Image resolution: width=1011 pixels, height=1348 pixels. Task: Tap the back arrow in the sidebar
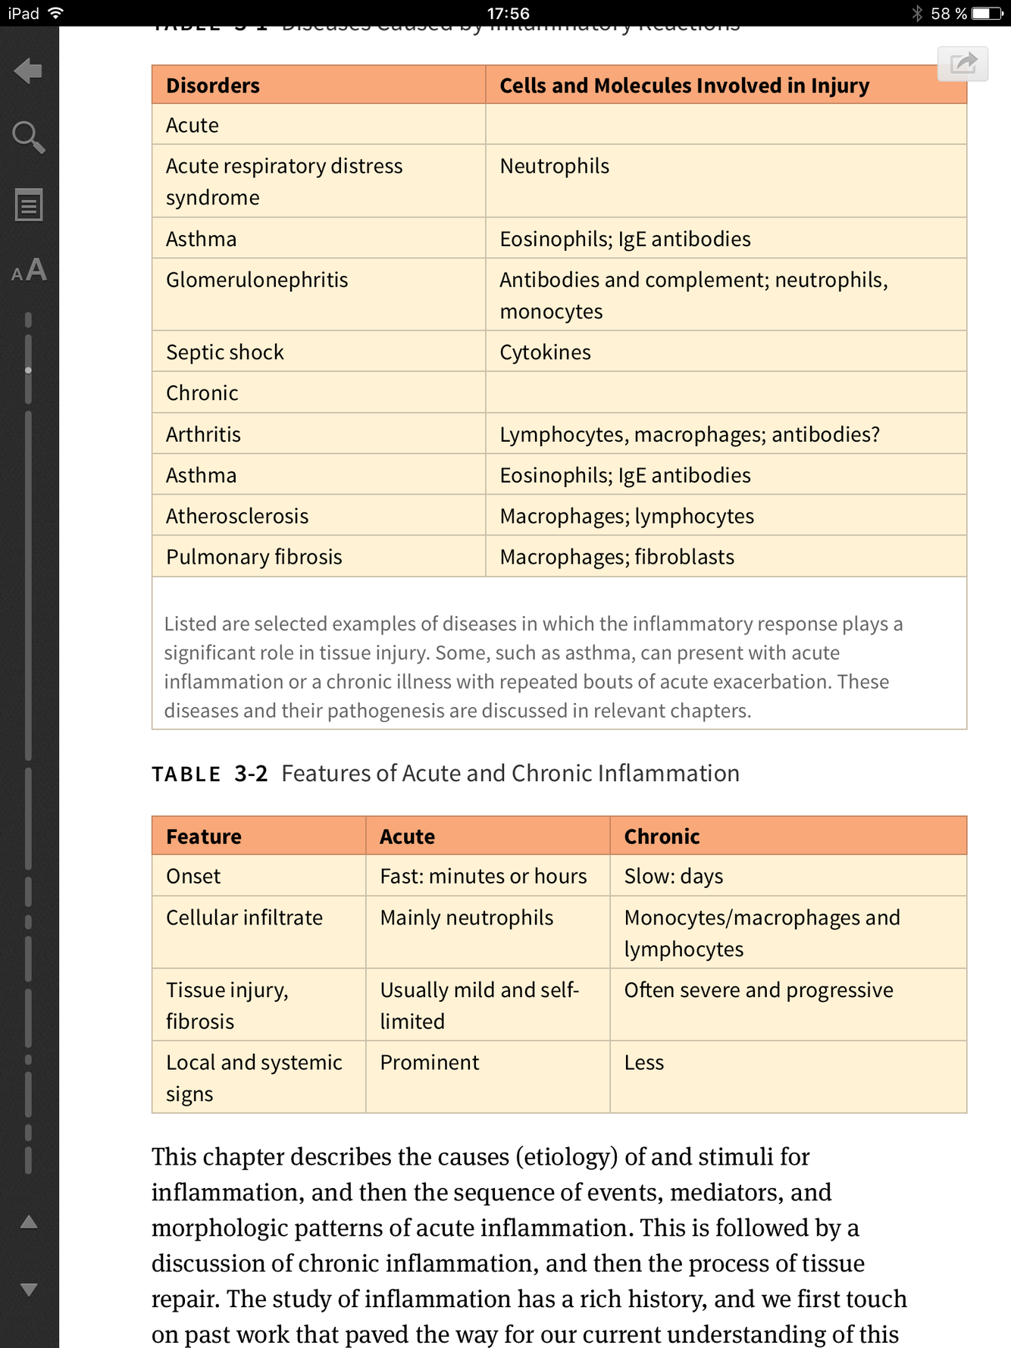29,71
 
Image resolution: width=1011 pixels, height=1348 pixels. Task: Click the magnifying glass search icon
29,137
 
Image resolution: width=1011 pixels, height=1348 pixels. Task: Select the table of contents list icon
29,205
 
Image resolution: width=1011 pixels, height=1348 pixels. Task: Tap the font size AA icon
29,271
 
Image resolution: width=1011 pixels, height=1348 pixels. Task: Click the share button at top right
962,63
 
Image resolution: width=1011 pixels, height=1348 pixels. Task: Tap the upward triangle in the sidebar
29,1221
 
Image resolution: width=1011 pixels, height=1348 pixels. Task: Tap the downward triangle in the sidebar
29,1290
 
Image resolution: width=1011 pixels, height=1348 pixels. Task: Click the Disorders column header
213,86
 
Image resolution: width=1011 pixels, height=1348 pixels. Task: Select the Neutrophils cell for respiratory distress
554,167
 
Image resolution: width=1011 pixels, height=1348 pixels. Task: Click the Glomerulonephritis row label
257,280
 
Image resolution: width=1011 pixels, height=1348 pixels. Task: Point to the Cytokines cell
545,352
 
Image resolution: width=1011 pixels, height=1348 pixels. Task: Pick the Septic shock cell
225,352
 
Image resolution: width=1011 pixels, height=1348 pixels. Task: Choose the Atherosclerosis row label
237,516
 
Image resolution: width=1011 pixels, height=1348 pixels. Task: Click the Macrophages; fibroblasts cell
617,557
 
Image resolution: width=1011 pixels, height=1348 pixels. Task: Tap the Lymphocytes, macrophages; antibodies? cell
690,434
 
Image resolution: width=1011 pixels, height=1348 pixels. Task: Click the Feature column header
204,837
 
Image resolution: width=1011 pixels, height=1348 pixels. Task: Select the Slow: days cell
674,877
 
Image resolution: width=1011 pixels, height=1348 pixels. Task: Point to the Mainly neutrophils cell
467,918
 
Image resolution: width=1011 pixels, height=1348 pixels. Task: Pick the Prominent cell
430,1062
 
